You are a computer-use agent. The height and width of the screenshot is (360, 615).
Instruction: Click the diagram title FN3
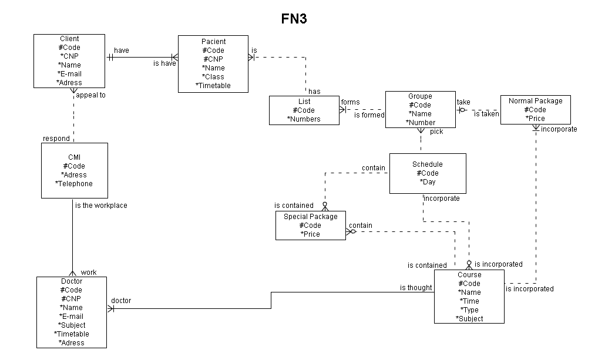(x=294, y=19)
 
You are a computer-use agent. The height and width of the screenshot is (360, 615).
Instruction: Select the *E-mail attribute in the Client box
(x=70, y=74)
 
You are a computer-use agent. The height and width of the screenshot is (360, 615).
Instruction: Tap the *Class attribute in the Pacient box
(x=213, y=77)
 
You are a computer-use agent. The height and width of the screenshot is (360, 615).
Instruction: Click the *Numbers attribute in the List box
(x=304, y=119)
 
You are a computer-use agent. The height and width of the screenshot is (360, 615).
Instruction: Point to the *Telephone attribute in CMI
(x=74, y=184)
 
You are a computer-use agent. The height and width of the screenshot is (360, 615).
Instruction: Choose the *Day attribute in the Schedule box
(x=428, y=182)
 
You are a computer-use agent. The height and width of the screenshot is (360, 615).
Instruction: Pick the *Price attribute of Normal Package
(x=535, y=119)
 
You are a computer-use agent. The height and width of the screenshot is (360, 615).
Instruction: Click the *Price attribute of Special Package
(x=310, y=234)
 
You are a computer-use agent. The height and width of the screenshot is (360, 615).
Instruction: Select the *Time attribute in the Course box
(x=469, y=301)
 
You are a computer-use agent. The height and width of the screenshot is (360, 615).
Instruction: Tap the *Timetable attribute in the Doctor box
(x=72, y=334)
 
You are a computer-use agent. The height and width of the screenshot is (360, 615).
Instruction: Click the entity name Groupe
(x=420, y=96)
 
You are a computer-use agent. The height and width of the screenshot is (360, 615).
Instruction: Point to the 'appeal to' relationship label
(x=90, y=95)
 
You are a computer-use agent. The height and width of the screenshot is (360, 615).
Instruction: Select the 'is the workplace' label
(x=101, y=206)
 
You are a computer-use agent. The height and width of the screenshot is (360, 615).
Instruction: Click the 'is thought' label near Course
(x=416, y=288)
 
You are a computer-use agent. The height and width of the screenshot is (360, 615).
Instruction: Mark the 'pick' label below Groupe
(x=436, y=132)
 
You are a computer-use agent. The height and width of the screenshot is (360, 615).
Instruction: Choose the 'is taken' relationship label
(x=486, y=114)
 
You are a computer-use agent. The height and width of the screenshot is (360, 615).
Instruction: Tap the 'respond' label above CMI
(x=56, y=139)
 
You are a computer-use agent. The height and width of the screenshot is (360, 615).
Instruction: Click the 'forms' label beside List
(x=350, y=102)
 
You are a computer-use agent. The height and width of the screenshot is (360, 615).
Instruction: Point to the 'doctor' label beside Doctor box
(x=121, y=301)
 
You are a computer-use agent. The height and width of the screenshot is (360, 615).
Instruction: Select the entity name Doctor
(x=72, y=281)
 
